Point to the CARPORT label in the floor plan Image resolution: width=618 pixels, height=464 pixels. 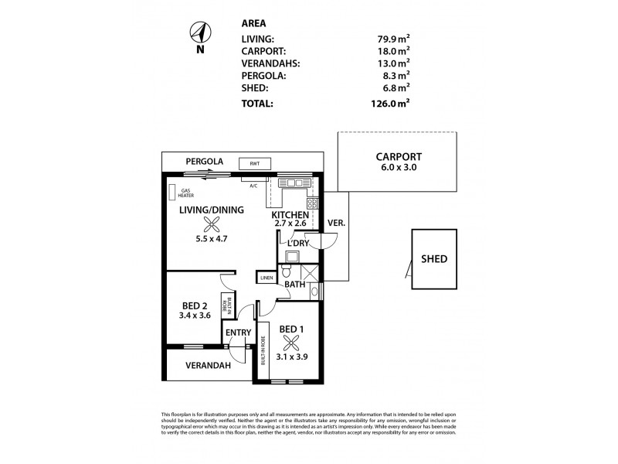394,155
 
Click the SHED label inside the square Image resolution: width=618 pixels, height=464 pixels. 433,259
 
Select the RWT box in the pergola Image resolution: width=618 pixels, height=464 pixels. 255,163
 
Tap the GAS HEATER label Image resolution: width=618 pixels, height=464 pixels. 186,193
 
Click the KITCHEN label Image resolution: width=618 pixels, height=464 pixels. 290,214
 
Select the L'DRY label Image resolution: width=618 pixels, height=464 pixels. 299,243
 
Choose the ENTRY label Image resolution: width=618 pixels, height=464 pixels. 238,333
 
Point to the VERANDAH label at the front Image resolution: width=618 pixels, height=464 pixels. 206,366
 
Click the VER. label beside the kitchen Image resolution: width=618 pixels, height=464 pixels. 338,223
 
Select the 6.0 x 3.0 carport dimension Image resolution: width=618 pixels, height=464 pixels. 394,167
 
